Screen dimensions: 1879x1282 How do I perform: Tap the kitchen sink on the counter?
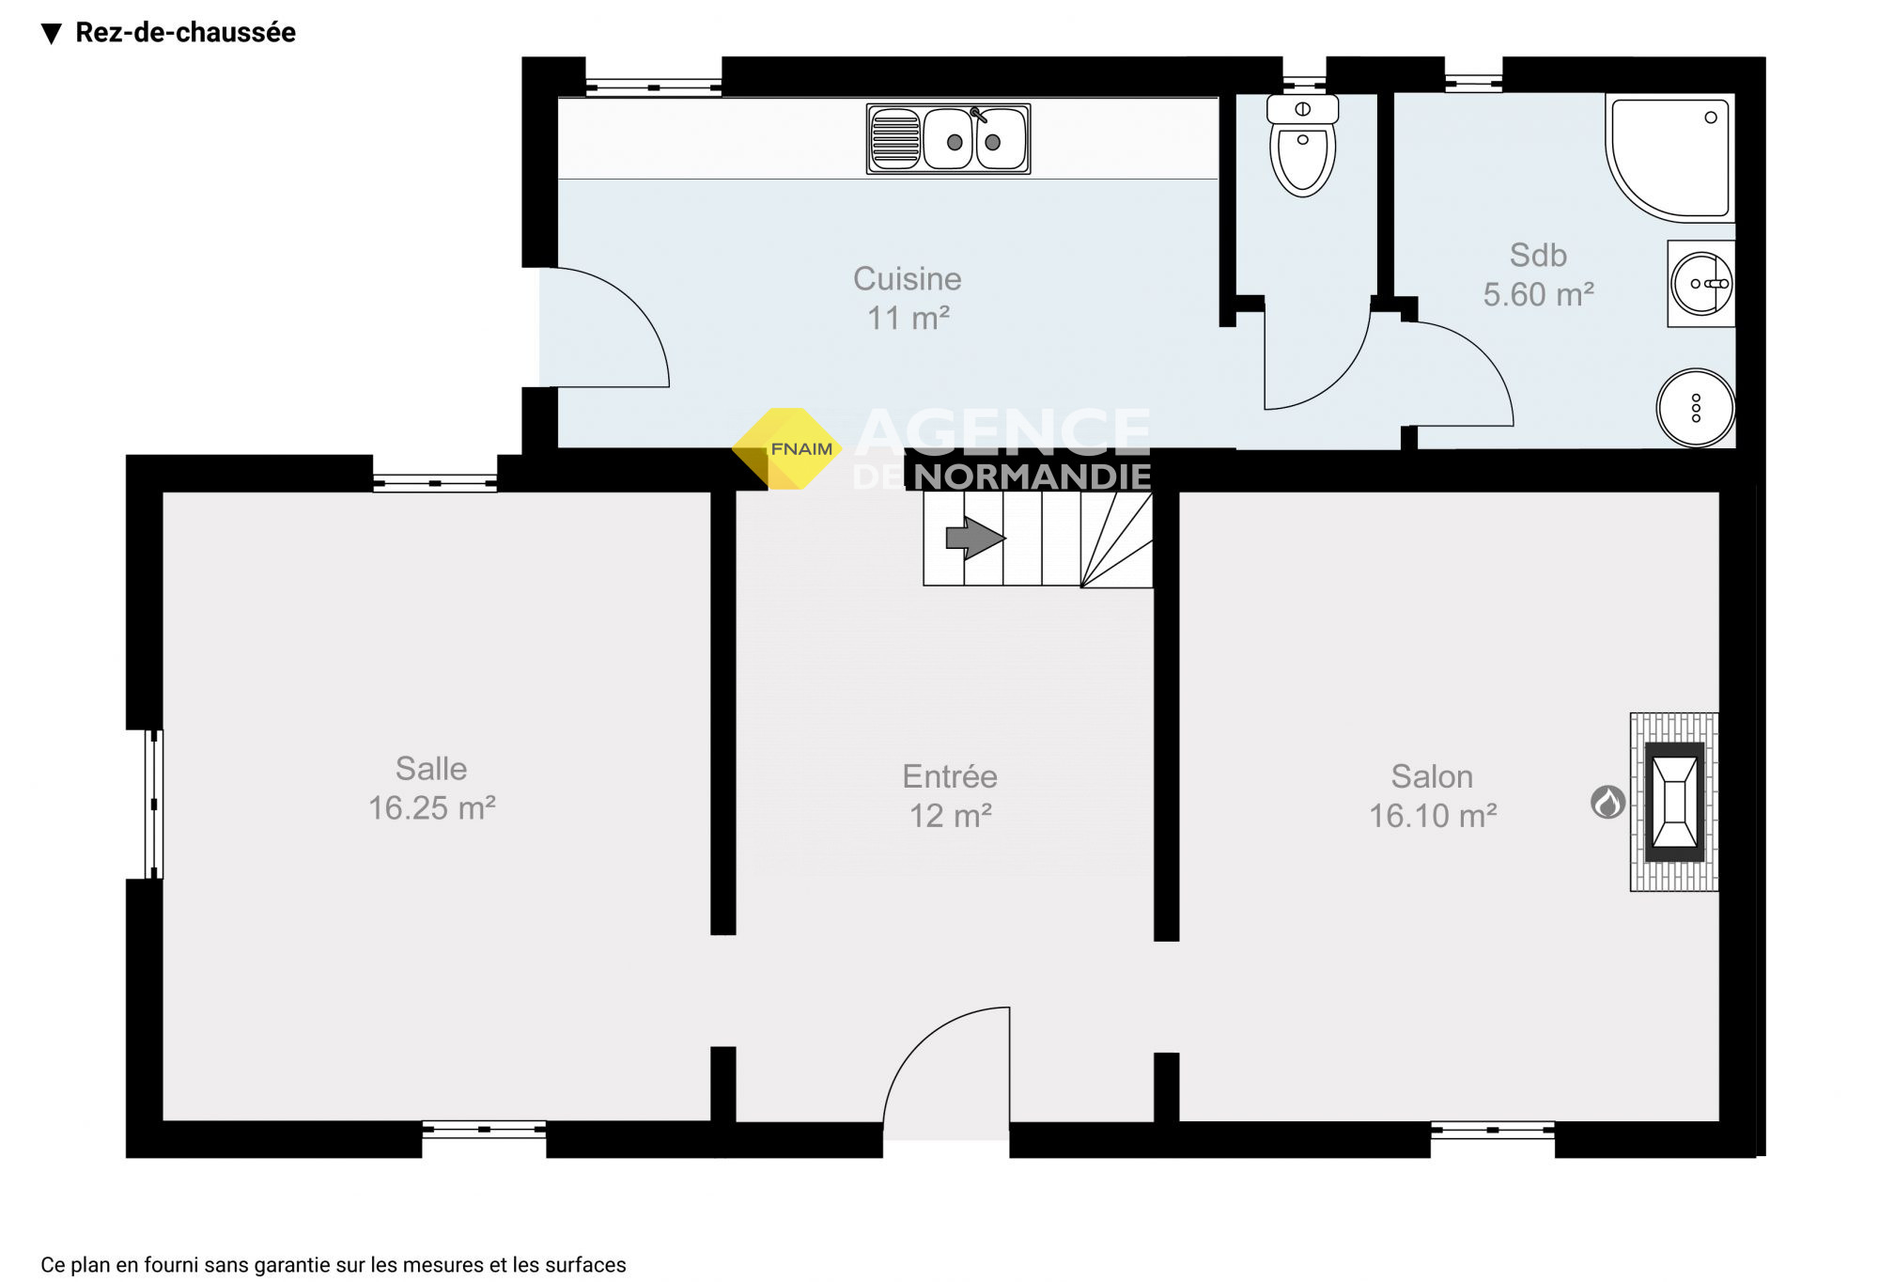(948, 139)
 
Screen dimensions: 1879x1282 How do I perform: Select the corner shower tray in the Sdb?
(1669, 157)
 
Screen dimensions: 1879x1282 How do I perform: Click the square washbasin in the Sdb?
(1700, 284)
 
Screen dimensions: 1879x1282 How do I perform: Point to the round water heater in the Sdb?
(1695, 408)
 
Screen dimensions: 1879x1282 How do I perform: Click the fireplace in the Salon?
(1674, 802)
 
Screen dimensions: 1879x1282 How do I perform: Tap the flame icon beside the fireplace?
(1607, 802)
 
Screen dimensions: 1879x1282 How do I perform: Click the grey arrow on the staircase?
(975, 539)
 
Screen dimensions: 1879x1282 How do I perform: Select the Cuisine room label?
(907, 279)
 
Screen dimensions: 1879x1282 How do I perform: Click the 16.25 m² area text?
(431, 808)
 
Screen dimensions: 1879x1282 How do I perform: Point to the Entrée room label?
(950, 776)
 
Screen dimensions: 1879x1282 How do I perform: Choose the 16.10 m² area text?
(1433, 816)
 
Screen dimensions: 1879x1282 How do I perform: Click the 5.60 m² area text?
(1538, 294)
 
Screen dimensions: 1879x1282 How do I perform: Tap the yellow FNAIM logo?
(788, 448)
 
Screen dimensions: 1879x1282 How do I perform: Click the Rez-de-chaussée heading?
(185, 33)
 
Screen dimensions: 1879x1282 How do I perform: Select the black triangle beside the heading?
(52, 34)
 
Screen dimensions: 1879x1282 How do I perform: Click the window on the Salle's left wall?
(153, 805)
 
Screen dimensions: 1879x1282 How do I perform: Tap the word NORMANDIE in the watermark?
(1032, 477)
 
